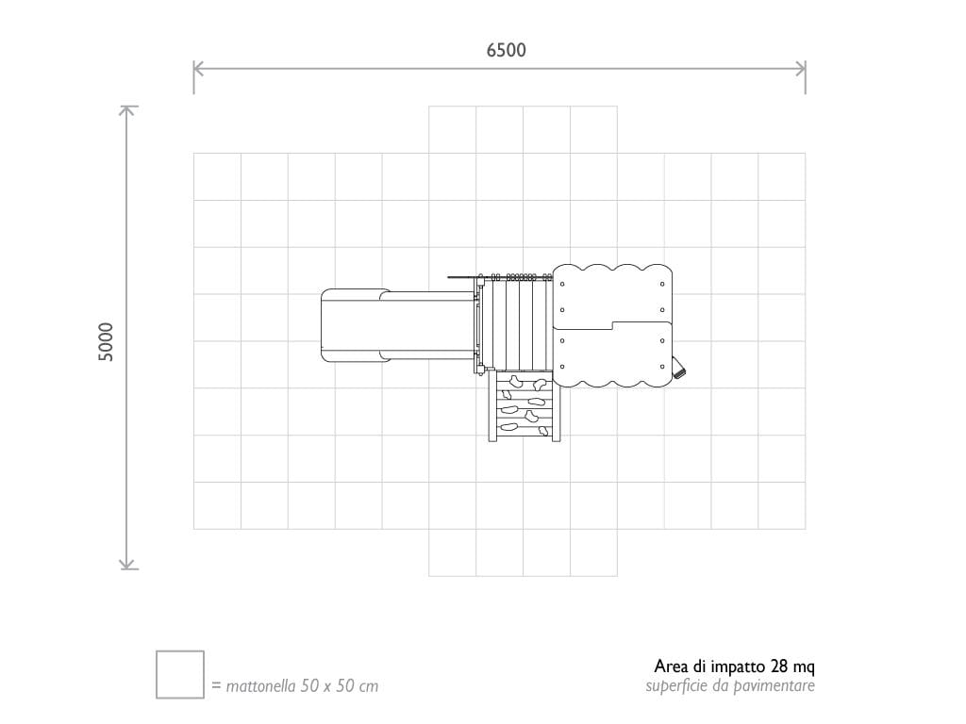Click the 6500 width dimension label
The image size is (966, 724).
pyautogui.click(x=506, y=50)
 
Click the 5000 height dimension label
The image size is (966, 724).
pyautogui.click(x=106, y=341)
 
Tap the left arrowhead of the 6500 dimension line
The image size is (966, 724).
pyautogui.click(x=198, y=69)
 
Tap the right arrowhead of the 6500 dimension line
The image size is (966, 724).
pyautogui.click(x=801, y=69)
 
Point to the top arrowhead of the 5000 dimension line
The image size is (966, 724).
pyautogui.click(x=127, y=110)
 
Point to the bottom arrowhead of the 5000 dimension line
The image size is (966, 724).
pyautogui.click(x=127, y=564)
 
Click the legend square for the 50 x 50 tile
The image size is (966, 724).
pyautogui.click(x=180, y=674)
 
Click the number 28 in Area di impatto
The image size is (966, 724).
pyautogui.click(x=778, y=666)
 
